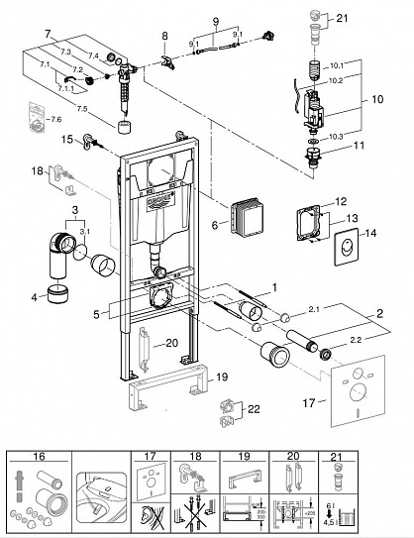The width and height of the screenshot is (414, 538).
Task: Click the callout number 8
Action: (x=164, y=37)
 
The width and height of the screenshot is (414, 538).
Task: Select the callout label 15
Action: (x=67, y=141)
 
